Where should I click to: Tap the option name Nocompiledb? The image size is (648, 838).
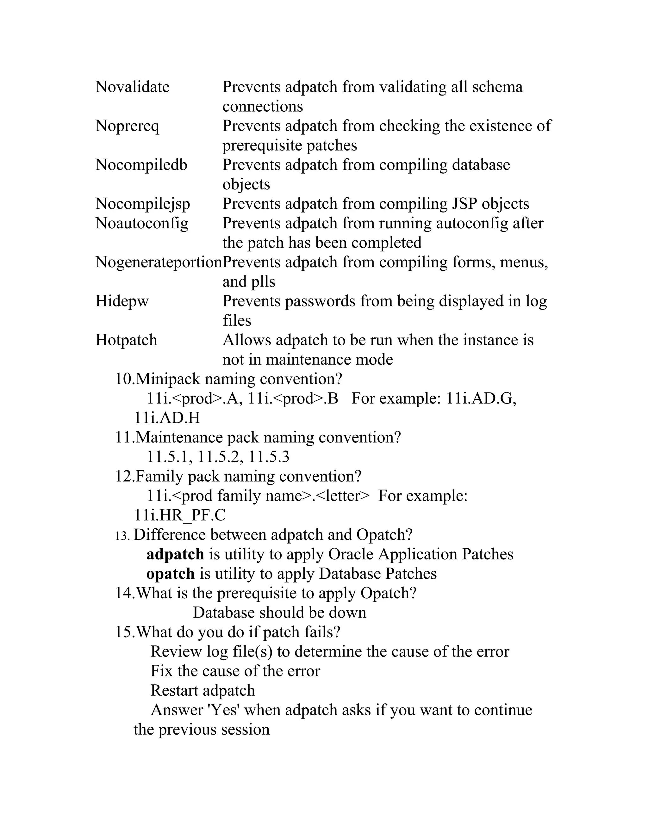click(141, 165)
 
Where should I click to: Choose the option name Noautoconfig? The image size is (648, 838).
click(142, 223)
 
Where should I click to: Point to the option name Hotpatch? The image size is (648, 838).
click(126, 340)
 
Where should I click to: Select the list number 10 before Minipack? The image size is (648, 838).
click(124, 379)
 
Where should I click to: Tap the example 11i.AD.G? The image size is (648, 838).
click(481, 399)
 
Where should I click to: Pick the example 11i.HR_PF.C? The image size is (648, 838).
click(180, 515)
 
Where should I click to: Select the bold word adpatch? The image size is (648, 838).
click(175, 554)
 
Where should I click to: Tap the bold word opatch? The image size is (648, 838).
click(171, 574)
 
